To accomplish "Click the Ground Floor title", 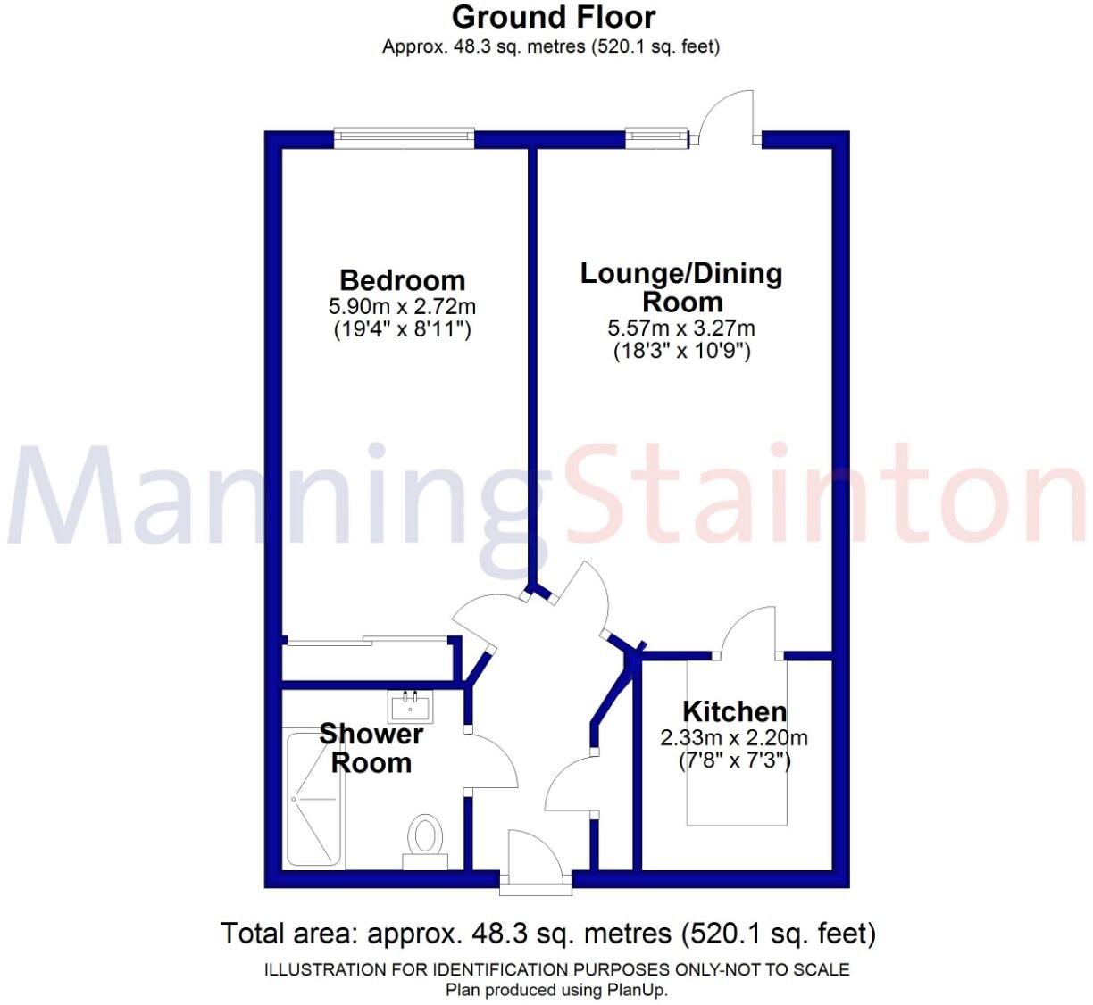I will [x=553, y=17].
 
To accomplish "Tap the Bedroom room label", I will [x=402, y=280].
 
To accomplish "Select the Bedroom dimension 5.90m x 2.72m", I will [x=402, y=306].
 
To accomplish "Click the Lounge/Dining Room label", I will [x=681, y=287].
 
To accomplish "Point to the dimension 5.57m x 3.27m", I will [x=681, y=328].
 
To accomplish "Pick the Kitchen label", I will [x=734, y=711].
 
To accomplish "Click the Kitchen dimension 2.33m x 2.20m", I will [x=734, y=738].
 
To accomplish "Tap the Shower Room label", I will [x=371, y=748].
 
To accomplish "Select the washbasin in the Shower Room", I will [x=411, y=706].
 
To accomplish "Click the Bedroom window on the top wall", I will [x=404, y=137].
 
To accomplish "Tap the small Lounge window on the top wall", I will [x=657, y=137].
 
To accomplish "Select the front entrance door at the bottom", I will [x=534, y=861].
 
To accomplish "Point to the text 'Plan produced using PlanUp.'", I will [x=556, y=990].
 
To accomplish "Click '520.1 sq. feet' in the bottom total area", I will [x=778, y=934].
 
